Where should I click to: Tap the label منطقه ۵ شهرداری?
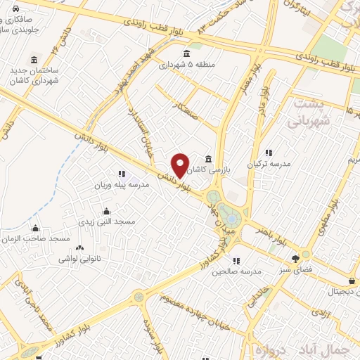pos(186,65)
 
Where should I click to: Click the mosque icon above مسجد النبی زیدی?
pos(106,211)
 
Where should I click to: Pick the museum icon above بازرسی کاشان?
pos(208,160)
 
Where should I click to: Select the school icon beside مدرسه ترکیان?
pos(268,153)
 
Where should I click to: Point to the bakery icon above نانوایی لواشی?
pos(79,247)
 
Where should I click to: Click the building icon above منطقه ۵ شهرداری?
pos(186,54)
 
